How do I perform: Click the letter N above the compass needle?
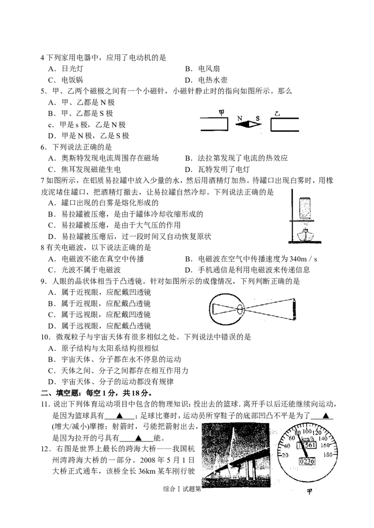(239, 118)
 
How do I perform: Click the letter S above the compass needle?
(257, 118)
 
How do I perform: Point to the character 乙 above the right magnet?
(278, 114)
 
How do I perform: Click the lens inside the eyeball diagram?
(240, 310)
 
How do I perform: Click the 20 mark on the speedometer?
(282, 456)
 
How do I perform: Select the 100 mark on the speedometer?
(307, 431)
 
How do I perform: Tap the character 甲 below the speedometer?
(309, 492)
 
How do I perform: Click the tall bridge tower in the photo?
(232, 449)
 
